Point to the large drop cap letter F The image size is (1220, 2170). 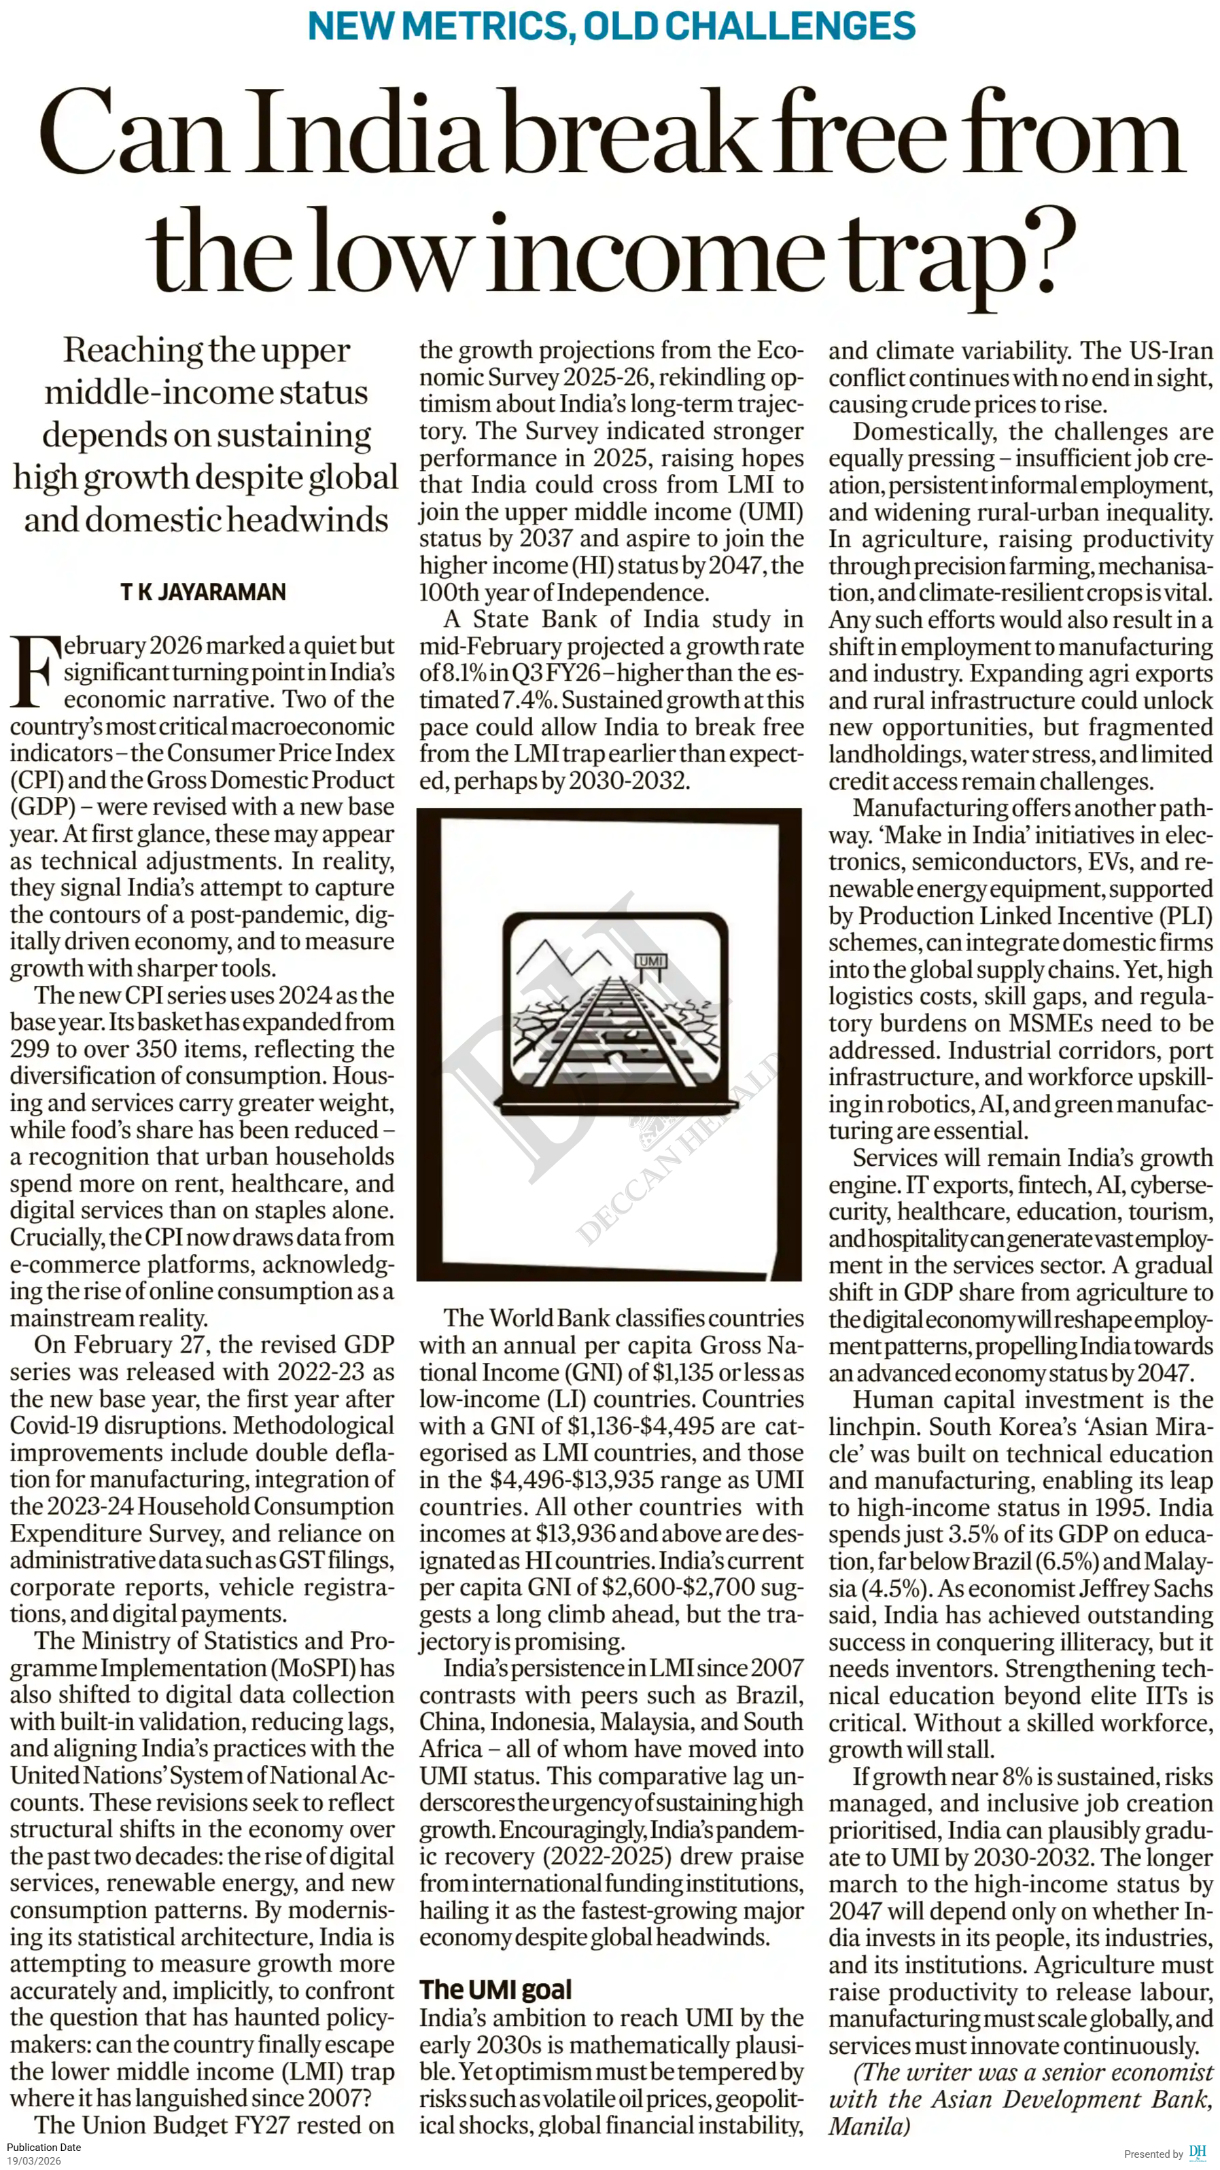point(35,672)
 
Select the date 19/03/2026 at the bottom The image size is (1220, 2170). point(34,2160)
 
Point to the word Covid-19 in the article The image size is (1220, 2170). point(59,1425)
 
